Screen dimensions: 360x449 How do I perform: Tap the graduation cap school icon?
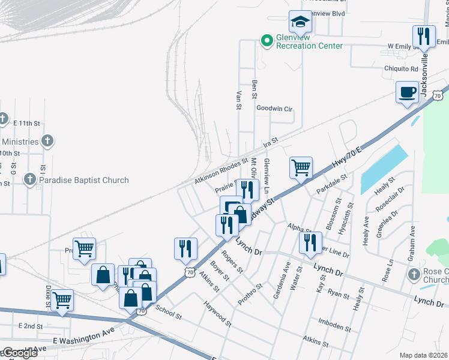point(299,23)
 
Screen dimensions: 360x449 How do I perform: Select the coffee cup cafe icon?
point(408,92)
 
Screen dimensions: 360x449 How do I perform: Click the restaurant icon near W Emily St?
point(424,37)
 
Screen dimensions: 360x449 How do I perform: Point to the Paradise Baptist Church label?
point(83,180)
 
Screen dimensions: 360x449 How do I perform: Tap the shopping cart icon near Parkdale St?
point(301,167)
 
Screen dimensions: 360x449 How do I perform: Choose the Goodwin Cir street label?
point(274,109)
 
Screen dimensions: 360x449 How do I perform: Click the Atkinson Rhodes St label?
point(221,172)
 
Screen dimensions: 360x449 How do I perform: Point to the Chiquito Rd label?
point(402,68)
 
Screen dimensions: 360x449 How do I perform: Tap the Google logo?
point(19,353)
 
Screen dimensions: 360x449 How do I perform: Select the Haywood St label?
point(218,314)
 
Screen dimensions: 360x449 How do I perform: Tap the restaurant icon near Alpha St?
point(309,242)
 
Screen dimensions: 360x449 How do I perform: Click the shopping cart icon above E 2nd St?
point(62,300)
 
